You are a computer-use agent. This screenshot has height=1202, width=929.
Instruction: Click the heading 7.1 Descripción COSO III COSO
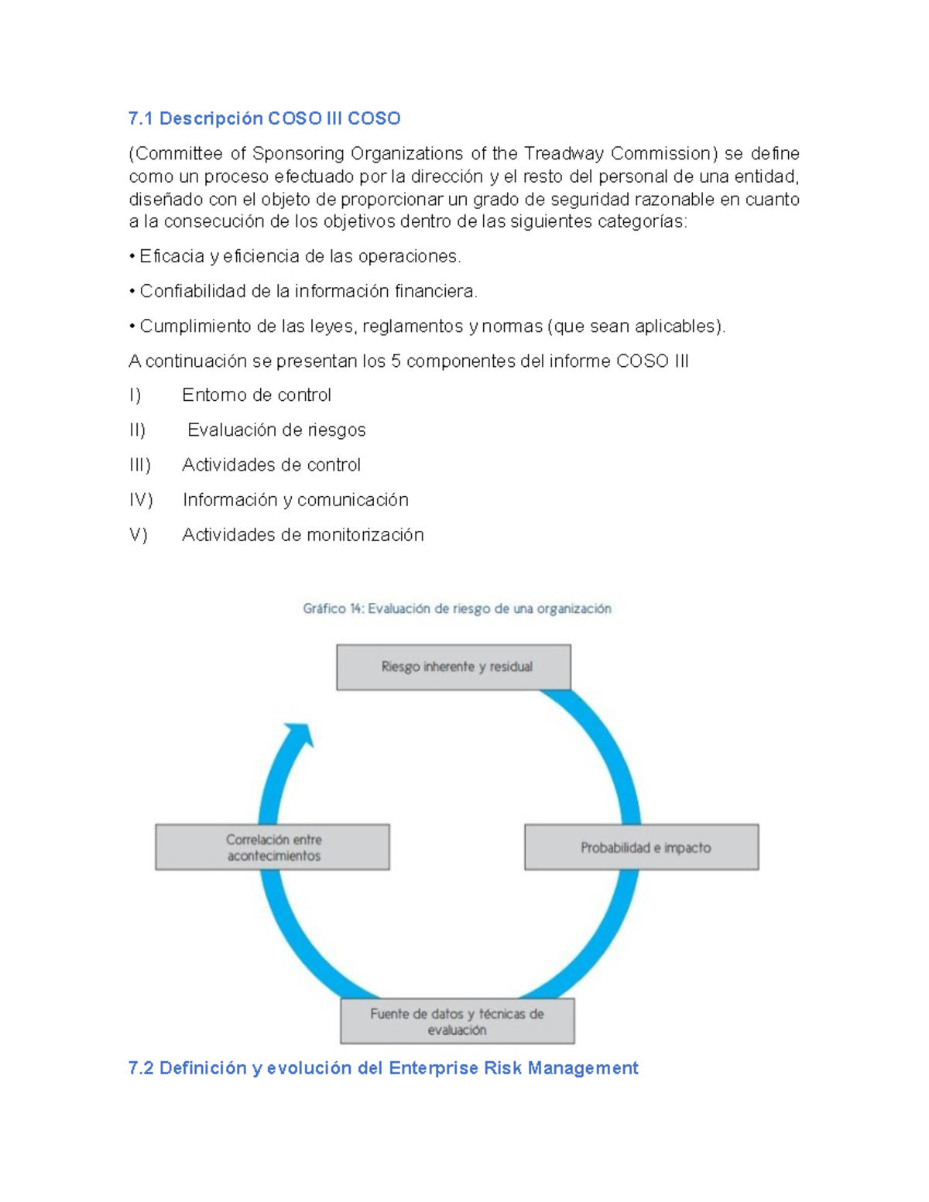[x=264, y=118]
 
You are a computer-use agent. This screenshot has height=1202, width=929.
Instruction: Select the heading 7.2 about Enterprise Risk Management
[x=382, y=1068]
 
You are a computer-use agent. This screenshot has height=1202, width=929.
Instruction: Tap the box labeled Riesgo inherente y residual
[x=454, y=666]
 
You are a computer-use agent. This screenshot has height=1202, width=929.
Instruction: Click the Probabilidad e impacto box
[x=642, y=847]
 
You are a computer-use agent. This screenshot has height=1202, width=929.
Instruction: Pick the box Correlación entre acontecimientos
[x=273, y=847]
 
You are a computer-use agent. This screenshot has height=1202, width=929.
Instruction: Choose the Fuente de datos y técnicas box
[x=457, y=1021]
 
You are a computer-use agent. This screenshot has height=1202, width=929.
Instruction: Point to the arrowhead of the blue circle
[x=300, y=733]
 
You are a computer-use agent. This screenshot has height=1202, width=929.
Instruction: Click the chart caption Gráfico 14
[x=457, y=608]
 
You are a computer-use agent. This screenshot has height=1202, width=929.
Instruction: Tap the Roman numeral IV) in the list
[x=141, y=500]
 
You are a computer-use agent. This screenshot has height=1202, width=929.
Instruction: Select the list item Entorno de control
[x=256, y=396]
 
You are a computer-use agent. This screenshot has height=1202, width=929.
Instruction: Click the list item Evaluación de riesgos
[x=276, y=430]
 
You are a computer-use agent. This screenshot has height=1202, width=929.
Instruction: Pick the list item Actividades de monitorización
[x=303, y=535]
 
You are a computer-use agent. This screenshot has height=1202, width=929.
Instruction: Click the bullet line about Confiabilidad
[x=308, y=291]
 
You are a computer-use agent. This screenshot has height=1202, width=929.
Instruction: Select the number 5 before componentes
[x=396, y=361]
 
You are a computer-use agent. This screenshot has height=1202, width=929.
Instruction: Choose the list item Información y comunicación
[x=295, y=500]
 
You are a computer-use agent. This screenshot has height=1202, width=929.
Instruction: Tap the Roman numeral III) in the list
[x=140, y=465]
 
